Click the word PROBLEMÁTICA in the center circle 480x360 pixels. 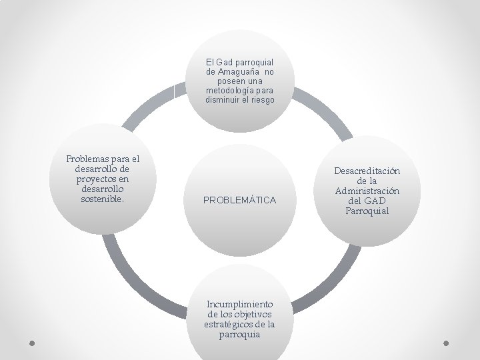click(x=240, y=200)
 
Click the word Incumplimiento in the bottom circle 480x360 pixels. click(x=240, y=304)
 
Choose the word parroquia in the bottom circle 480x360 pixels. click(x=240, y=334)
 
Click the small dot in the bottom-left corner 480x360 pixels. click(x=33, y=343)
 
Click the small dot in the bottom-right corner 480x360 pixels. click(x=447, y=343)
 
